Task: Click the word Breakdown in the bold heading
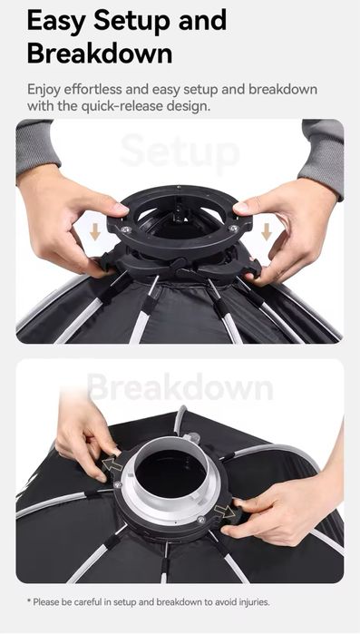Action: tap(100, 53)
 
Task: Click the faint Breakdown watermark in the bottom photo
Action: tap(180, 386)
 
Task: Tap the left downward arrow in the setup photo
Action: tap(95, 231)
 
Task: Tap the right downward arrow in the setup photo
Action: tap(267, 231)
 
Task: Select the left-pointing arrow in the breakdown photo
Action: tap(112, 464)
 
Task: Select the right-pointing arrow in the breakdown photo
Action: tap(225, 512)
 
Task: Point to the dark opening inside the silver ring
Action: tap(170, 473)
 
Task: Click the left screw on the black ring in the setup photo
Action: tap(126, 229)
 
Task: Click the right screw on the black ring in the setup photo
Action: tap(234, 229)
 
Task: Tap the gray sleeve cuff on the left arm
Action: tap(37, 151)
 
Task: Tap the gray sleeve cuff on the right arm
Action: tap(322, 158)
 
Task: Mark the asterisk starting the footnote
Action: tap(29, 601)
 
